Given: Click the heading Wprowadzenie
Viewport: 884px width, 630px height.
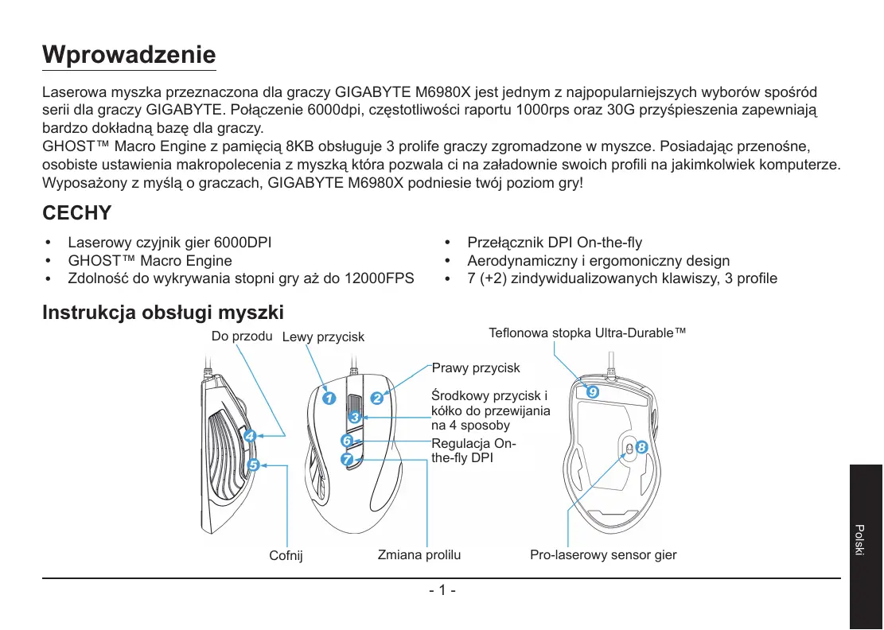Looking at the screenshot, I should tap(129, 55).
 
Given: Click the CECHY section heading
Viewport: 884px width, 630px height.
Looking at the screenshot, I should tap(76, 214).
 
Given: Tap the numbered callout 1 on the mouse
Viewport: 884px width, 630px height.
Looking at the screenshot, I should tap(328, 397).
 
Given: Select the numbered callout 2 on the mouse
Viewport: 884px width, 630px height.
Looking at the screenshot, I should tap(376, 398).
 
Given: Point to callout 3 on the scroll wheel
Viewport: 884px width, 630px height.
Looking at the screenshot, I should tap(355, 417).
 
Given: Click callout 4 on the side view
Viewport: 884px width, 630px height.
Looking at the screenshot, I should tap(249, 436).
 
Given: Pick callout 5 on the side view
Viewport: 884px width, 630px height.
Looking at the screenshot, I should tap(253, 465).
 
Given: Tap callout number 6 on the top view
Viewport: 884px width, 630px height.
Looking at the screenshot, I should tap(347, 440).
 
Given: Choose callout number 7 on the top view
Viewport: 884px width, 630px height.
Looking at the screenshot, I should tap(347, 460).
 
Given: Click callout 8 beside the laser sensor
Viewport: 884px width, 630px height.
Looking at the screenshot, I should tap(642, 448).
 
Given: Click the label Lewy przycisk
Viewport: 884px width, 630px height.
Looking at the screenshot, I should tap(323, 337).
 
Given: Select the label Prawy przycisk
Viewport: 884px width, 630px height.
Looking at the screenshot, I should tap(476, 368).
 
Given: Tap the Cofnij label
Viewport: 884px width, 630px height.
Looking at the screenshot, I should tap(286, 555).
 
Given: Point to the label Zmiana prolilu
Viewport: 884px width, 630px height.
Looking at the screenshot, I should tap(419, 554).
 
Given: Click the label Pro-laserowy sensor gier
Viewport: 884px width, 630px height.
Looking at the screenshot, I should tap(603, 554).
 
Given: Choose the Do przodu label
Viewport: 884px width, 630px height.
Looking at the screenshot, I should tap(243, 336).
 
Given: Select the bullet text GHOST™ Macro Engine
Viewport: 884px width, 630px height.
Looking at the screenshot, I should tap(150, 261).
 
